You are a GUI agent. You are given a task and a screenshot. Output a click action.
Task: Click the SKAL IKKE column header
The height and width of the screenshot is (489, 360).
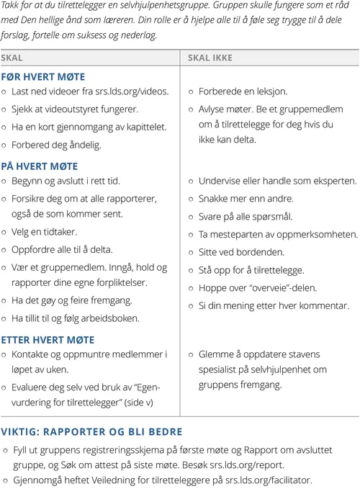(210, 58)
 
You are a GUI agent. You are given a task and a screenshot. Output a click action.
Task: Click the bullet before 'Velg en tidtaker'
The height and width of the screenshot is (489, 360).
(6, 233)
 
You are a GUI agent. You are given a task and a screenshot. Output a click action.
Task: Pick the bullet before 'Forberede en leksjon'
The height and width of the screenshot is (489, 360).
(192, 92)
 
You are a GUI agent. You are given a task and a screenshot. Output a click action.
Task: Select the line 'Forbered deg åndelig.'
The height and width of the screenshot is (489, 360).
(56, 145)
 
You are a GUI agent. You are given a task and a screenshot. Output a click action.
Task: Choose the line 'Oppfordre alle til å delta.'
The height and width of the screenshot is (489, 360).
(62, 250)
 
